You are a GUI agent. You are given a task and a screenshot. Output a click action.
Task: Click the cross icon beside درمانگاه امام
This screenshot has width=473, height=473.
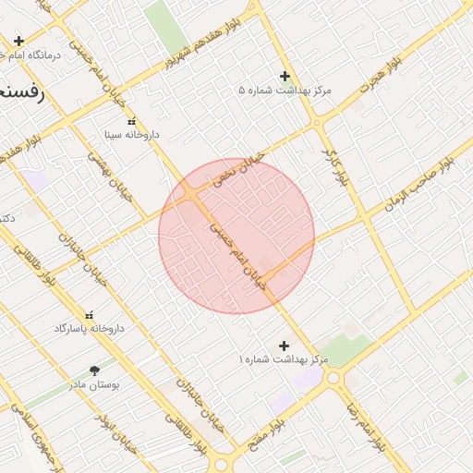point(18,41)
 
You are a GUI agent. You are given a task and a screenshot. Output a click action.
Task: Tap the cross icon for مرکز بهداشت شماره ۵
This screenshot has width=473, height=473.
point(285,76)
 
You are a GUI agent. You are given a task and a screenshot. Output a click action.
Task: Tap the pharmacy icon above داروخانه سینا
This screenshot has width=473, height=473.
point(130,121)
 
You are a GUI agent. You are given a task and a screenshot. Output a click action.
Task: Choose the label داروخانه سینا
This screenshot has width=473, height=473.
point(131,135)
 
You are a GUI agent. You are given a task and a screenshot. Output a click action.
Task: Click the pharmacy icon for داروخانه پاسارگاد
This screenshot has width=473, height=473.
point(89,315)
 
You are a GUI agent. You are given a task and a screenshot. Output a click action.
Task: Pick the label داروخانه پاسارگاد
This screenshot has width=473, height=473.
point(89,329)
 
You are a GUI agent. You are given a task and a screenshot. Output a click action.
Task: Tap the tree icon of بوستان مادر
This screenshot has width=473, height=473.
point(93,370)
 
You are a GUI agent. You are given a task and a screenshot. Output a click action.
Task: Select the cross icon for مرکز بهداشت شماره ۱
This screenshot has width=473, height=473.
point(284,346)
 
